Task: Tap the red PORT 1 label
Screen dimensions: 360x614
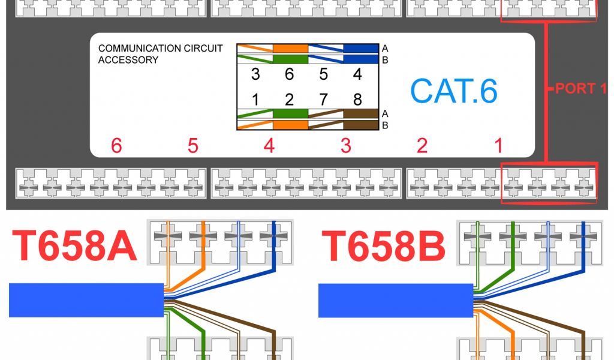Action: [x=580, y=89]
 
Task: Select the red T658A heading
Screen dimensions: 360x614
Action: [x=75, y=246]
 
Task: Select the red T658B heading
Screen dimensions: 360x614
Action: [x=384, y=246]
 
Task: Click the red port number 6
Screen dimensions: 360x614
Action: [x=116, y=146]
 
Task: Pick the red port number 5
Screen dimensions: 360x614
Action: [x=192, y=146]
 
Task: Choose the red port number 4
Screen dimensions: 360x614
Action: [x=269, y=146]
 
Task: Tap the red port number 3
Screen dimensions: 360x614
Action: [x=345, y=146]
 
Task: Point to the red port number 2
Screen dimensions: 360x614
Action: [x=422, y=146]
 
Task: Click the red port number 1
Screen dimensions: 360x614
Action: [x=498, y=146]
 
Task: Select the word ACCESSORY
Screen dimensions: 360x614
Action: [x=128, y=60]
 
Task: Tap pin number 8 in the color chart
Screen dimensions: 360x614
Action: [x=358, y=98]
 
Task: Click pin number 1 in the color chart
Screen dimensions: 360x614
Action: [x=255, y=98]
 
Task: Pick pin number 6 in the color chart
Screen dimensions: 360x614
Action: [x=289, y=74]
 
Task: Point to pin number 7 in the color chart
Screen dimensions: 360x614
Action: [x=324, y=98]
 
